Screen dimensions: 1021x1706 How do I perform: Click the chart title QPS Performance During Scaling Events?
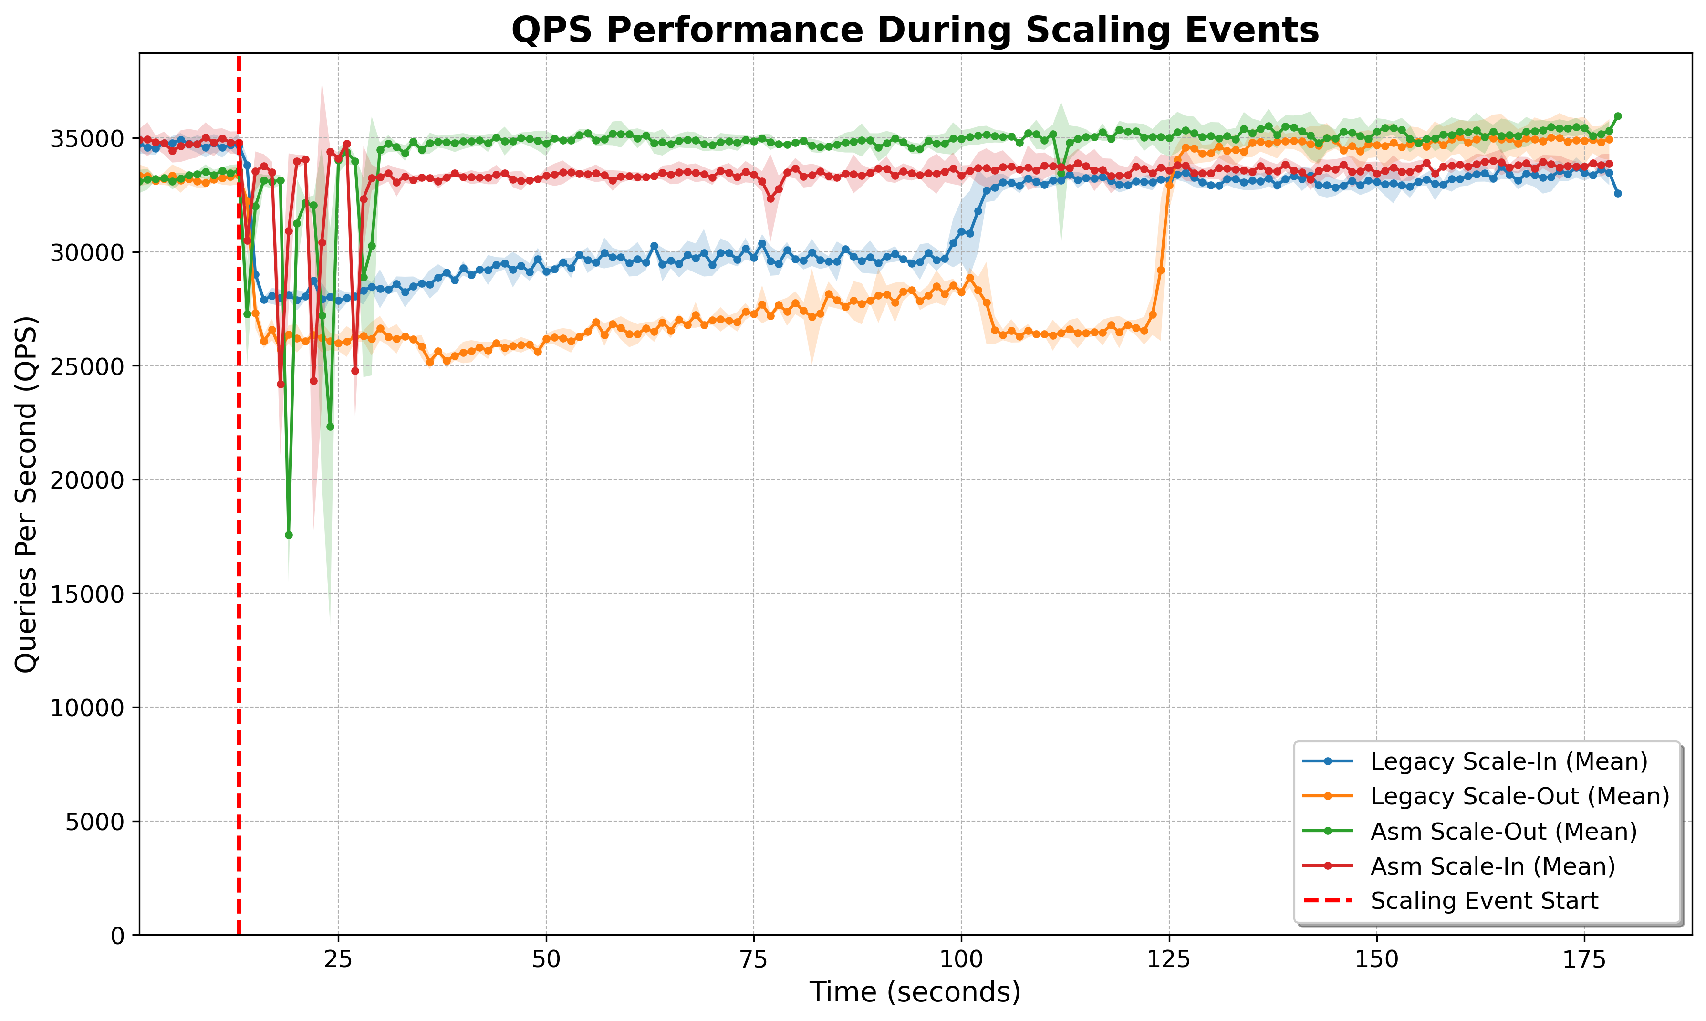click(x=915, y=30)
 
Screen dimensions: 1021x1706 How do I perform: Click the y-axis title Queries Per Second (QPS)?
click(x=26, y=494)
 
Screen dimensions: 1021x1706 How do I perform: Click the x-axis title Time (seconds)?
click(x=915, y=992)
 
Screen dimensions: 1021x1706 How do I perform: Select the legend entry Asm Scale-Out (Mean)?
click(x=1504, y=831)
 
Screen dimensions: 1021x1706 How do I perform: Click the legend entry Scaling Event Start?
click(x=1485, y=901)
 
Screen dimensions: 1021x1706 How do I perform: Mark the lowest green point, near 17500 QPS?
click(x=289, y=534)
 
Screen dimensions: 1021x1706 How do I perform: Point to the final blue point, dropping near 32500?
click(x=1618, y=193)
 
